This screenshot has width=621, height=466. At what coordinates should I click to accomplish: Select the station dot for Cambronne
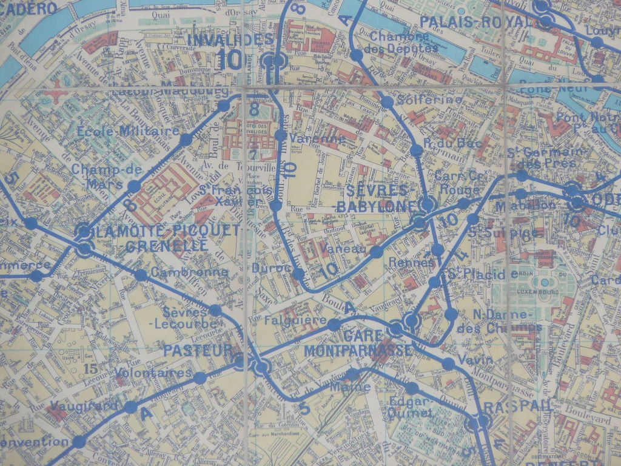141,275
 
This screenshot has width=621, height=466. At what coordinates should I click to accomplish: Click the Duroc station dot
298,274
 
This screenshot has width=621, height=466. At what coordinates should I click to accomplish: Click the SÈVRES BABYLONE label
375,199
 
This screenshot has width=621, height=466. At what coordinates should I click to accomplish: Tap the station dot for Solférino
387,102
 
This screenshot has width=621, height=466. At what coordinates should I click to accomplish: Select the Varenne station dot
280,135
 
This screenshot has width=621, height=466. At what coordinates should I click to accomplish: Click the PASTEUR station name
198,351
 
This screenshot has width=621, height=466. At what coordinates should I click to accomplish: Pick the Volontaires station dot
200,378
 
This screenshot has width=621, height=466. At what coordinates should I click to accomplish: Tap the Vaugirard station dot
130,407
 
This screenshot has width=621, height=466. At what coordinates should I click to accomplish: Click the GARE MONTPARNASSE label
359,343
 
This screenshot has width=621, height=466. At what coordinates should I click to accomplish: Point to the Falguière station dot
334,325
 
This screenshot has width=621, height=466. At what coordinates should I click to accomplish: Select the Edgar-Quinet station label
411,407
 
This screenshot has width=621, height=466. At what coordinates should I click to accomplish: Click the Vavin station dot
448,363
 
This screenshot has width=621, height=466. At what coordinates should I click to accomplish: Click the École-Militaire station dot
186,140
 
